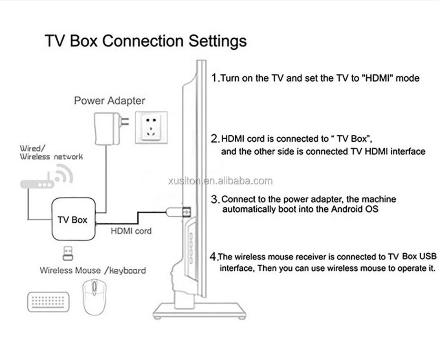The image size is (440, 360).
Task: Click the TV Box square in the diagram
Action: tap(73, 219)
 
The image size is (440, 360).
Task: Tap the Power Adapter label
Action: tap(110, 101)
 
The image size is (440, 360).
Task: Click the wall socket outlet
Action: tap(151, 127)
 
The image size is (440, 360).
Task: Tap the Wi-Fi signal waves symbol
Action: tap(64, 173)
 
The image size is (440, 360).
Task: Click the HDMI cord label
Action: tap(131, 231)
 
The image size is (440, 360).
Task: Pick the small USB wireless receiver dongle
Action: tap(68, 253)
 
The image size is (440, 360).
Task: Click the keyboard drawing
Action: tap(48, 302)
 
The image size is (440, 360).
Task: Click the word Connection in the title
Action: tap(143, 41)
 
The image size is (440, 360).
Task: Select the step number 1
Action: tap(215, 77)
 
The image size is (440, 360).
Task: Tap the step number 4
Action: tap(213, 257)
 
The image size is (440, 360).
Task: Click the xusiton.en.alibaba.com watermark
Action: tap(220, 181)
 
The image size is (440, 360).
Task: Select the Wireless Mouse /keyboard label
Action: tap(93, 270)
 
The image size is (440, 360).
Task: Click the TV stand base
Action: tap(200, 311)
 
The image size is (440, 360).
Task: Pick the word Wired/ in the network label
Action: tap(32, 148)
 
